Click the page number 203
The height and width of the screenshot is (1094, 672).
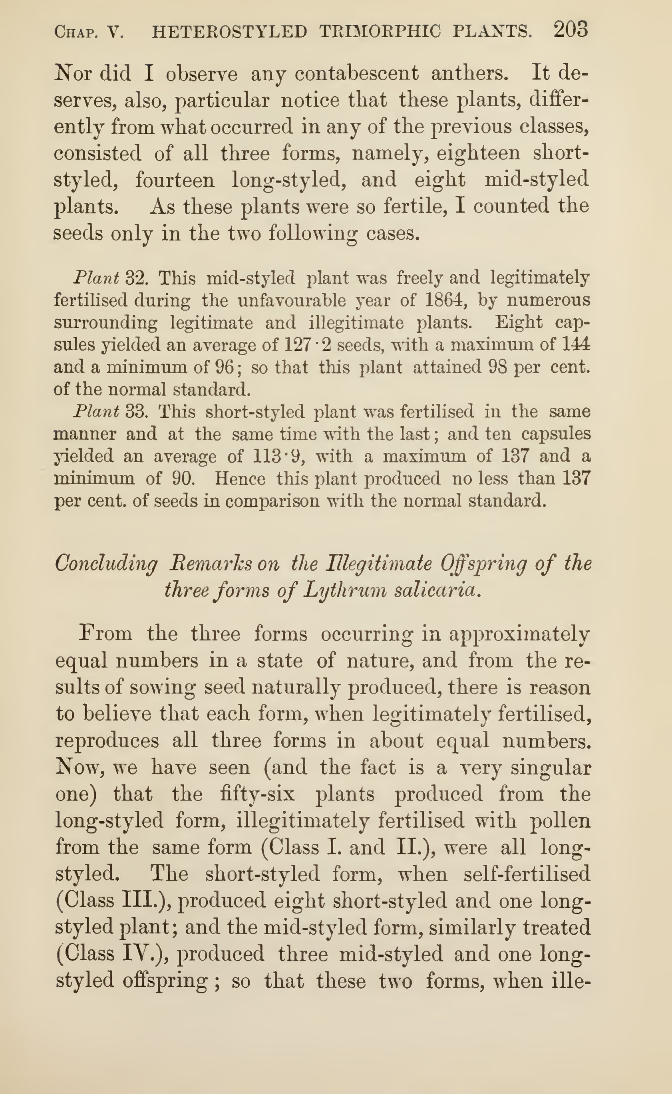571,30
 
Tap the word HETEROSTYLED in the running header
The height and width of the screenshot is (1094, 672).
229,32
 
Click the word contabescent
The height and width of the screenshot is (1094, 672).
356,73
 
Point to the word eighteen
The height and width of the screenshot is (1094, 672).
478,153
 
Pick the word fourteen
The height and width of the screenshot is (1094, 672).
175,181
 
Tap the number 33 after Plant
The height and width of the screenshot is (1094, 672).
135,412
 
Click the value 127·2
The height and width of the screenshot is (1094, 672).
307,345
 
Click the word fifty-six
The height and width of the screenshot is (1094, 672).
257,794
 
